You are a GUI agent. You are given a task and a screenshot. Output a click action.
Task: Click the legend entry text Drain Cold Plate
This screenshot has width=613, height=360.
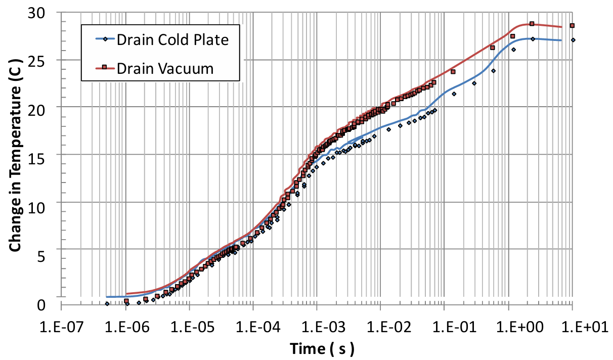click(x=172, y=39)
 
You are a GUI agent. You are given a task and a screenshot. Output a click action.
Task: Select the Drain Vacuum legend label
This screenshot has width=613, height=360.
click(x=165, y=68)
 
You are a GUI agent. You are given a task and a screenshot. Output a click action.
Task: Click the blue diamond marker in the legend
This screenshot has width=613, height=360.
click(x=104, y=40)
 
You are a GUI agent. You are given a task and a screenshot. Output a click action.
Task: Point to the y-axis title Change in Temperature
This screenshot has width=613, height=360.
click(x=16, y=161)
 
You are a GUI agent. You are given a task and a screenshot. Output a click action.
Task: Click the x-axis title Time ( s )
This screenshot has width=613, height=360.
click(x=322, y=348)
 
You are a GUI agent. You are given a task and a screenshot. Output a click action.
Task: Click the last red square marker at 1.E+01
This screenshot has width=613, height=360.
click(x=572, y=26)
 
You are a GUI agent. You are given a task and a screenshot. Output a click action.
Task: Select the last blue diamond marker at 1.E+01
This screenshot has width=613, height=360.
click(x=573, y=40)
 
